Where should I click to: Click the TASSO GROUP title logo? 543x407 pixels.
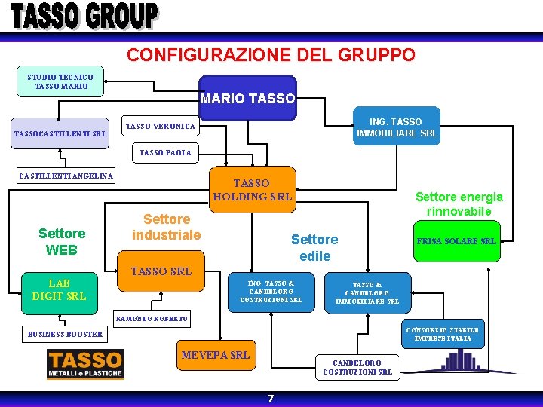[x=84, y=16]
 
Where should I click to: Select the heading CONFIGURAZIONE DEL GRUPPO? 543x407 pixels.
[x=271, y=55]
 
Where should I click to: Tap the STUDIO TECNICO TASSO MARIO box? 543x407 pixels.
[x=60, y=81]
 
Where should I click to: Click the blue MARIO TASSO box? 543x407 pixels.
[x=247, y=98]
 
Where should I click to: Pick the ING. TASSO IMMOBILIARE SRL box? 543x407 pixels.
[x=396, y=127]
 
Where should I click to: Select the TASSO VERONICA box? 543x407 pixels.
[x=160, y=127]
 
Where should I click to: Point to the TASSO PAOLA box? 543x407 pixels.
[x=165, y=152]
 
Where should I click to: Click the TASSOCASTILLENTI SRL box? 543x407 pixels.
[x=60, y=134]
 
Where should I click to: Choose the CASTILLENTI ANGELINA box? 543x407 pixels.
[x=66, y=176]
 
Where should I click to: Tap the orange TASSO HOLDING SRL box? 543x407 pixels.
[x=252, y=189]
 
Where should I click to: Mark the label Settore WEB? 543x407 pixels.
[x=62, y=241]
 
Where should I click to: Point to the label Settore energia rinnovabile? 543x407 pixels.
[x=459, y=203]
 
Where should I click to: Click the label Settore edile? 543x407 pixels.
[x=314, y=247]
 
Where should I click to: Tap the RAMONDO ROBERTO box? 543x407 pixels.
[x=152, y=318]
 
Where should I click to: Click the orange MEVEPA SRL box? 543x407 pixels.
[x=215, y=354]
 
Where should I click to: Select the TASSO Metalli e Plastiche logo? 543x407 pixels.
[x=84, y=363]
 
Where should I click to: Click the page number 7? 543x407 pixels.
[x=271, y=399]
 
